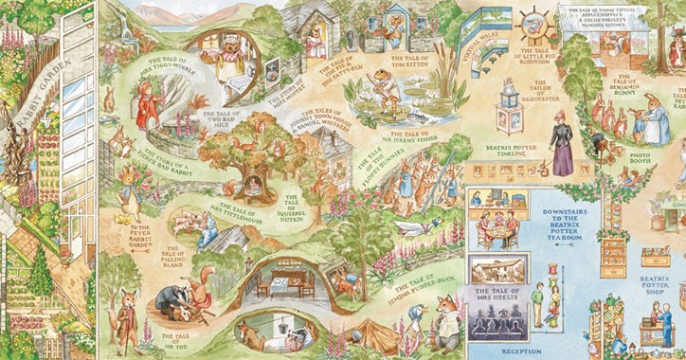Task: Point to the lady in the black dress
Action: click(562, 143)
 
